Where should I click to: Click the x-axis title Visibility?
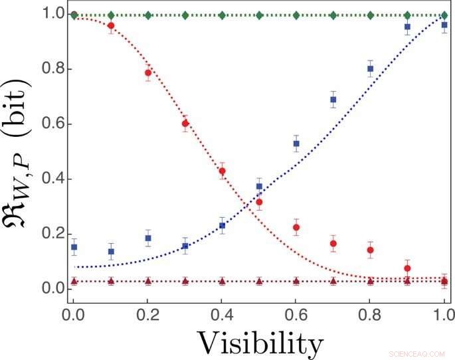pyautogui.click(x=259, y=343)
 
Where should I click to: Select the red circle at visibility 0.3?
pyautogui.click(x=185, y=124)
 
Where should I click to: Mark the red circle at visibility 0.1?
pyautogui.click(x=111, y=26)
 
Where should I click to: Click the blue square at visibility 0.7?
pyautogui.click(x=333, y=100)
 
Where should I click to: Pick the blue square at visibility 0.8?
pyautogui.click(x=371, y=69)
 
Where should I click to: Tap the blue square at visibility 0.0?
pyautogui.click(x=74, y=247)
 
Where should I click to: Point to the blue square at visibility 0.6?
pyautogui.click(x=296, y=143)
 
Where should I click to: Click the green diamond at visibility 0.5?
pyautogui.click(x=259, y=15)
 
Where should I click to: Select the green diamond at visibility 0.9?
pyautogui.click(x=407, y=15)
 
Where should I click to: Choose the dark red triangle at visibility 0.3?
pyautogui.click(x=185, y=282)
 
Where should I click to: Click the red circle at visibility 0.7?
pyautogui.click(x=333, y=244)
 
